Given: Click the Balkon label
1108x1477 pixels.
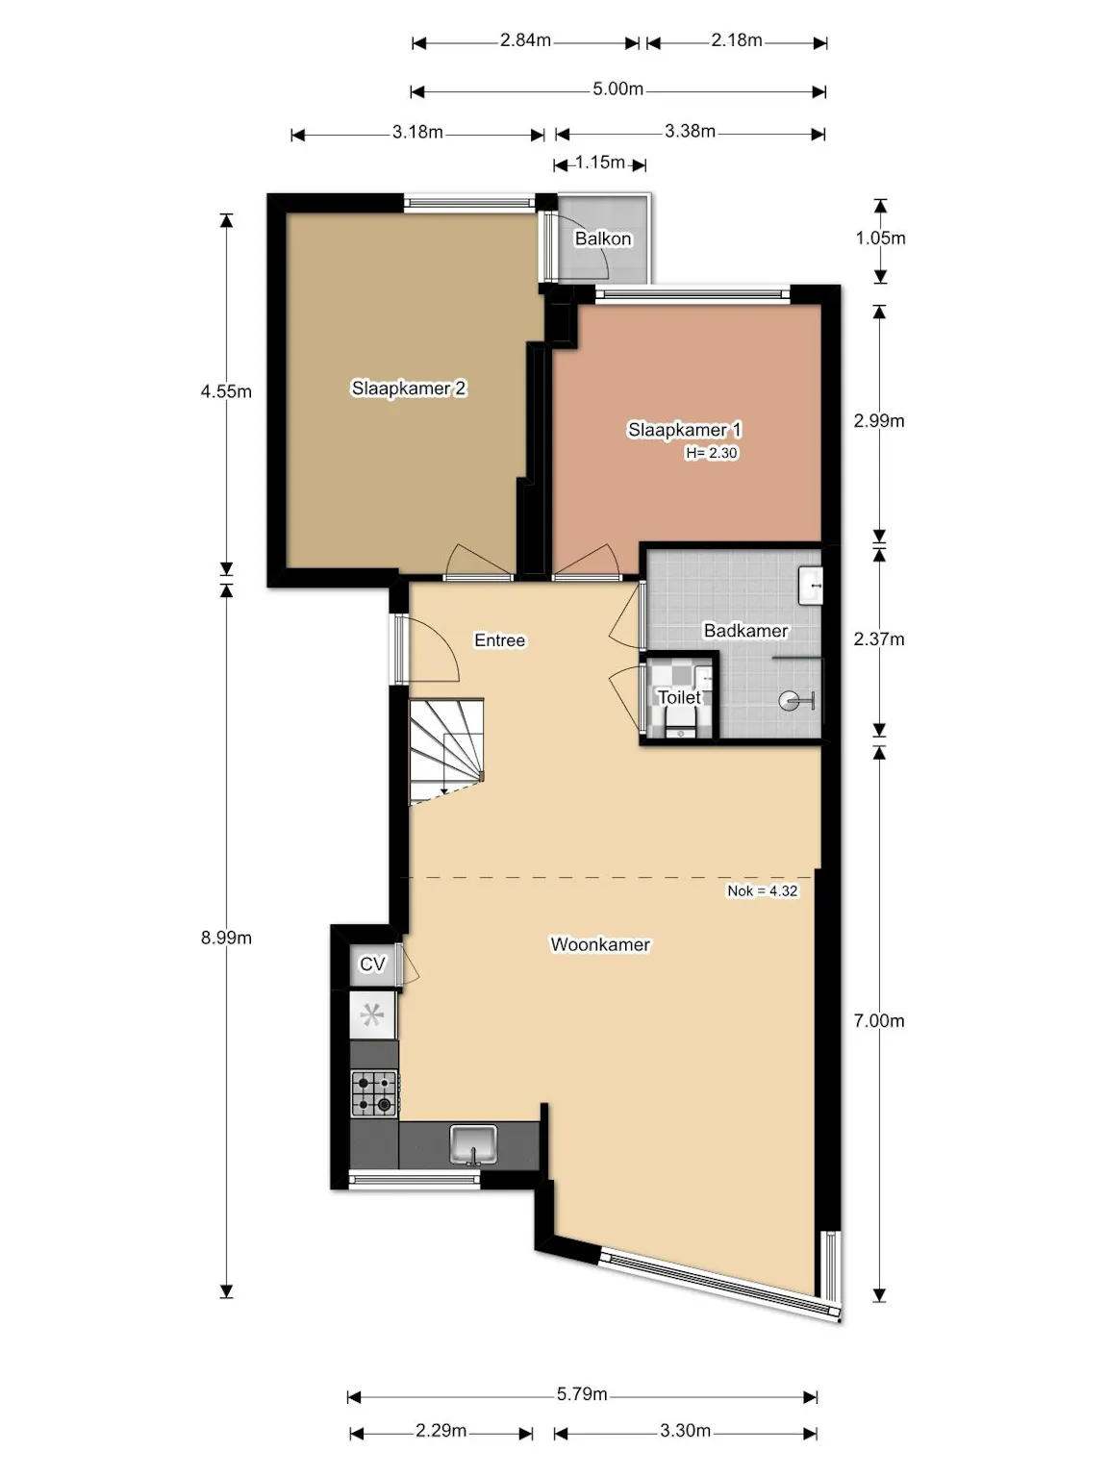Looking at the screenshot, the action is point(603,238).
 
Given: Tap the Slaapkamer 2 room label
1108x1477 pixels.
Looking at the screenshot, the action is point(409,388).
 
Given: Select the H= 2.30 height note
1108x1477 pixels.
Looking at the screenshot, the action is point(712,453).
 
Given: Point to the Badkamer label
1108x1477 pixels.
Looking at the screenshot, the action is point(745,631).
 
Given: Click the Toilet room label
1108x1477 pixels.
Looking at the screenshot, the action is point(679,697).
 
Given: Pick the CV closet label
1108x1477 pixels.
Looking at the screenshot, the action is point(372,964).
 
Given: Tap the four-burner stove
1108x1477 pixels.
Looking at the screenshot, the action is point(374,1093).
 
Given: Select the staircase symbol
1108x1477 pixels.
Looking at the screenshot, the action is point(446,751).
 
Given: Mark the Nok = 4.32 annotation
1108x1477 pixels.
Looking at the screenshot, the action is point(762,890).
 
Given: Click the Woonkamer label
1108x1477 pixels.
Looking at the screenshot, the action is point(600,944).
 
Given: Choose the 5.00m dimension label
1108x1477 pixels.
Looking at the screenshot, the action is point(617,88).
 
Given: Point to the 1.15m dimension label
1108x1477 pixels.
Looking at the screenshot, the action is point(600,163).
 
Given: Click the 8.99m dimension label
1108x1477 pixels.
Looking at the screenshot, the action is point(226,938).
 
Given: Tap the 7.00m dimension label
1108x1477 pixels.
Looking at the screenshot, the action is point(878,1021).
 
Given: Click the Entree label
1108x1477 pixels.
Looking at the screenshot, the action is point(499,639).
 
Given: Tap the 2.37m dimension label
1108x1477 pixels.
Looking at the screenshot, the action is point(878,639).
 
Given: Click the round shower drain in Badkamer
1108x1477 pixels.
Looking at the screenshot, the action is point(789,701).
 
